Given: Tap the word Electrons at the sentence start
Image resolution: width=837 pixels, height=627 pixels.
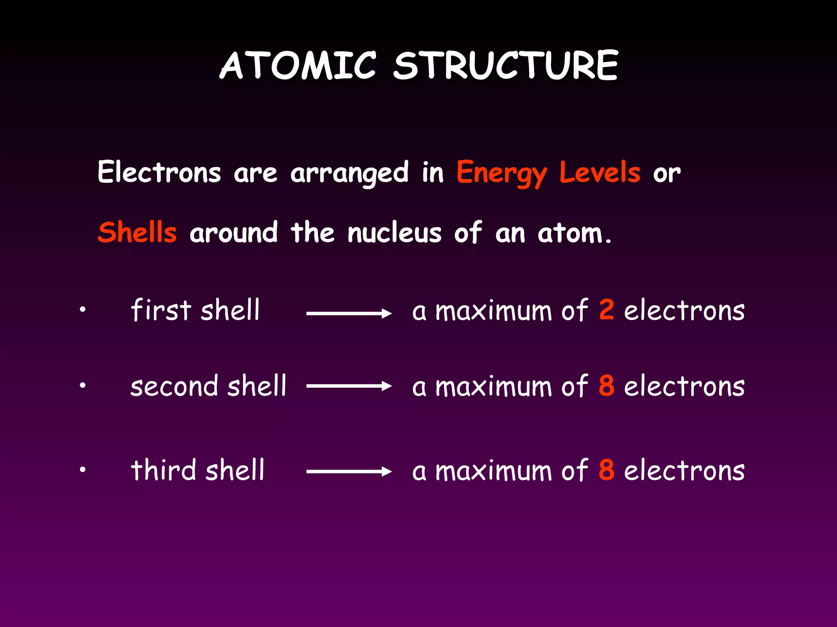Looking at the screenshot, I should point(159,172).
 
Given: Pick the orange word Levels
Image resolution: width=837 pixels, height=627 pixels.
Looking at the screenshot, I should point(600,172).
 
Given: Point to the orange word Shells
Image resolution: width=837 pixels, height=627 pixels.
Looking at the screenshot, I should point(137,232).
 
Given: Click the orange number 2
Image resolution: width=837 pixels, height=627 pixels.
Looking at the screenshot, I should point(606,309).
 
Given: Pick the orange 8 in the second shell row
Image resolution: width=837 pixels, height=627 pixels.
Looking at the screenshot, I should point(606,385).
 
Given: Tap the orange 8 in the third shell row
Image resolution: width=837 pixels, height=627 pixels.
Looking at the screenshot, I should point(606,469).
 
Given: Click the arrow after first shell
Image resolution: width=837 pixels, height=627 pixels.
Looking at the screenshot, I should point(349,313).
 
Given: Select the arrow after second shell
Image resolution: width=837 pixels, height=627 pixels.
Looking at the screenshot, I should point(349,386).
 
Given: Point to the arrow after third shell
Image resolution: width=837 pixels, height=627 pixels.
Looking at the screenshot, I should point(349,472).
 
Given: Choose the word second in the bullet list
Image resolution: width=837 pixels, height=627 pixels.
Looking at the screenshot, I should point(174,386).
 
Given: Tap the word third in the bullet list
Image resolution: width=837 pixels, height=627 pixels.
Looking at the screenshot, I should point(163,470).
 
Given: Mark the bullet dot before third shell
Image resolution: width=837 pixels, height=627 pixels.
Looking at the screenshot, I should point(83,469).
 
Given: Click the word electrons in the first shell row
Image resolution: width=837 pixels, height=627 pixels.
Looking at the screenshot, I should point(684,310).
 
